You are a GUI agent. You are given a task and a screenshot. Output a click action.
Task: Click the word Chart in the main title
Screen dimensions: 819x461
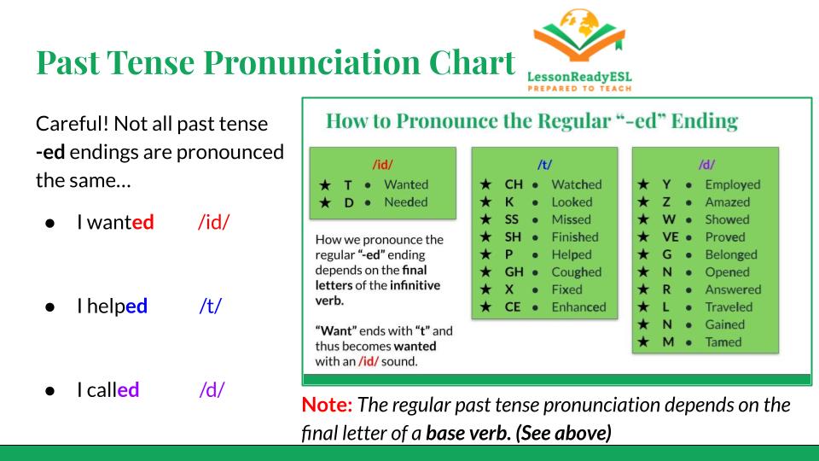(472, 62)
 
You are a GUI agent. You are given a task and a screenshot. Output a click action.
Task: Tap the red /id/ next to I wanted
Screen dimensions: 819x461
(213, 222)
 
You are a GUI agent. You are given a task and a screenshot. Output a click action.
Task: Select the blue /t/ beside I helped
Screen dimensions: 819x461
(211, 306)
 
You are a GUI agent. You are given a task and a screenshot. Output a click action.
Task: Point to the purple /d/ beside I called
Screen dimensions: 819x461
(212, 389)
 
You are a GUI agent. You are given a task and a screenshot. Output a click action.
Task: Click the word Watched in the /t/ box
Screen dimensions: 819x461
(577, 184)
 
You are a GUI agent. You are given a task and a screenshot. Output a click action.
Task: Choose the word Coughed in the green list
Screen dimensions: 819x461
(577, 271)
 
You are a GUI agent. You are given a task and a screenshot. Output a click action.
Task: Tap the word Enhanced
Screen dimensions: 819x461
(578, 306)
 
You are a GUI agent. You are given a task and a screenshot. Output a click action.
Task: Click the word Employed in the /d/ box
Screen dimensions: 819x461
(733, 184)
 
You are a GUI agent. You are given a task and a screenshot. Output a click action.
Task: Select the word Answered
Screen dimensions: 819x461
(734, 289)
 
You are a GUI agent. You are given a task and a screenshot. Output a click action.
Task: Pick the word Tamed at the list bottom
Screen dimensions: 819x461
(723, 341)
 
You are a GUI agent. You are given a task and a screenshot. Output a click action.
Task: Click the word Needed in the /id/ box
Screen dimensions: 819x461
(406, 201)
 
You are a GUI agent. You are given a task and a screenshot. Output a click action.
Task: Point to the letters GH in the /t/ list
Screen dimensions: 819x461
(514, 271)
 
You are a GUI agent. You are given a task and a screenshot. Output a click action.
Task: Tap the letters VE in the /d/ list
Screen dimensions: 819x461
(671, 236)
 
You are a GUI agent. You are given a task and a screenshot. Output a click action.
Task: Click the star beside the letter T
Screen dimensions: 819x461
(325, 185)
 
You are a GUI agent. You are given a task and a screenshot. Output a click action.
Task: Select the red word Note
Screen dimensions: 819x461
(327, 405)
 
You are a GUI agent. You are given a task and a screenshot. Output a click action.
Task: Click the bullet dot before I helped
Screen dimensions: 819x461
(50, 306)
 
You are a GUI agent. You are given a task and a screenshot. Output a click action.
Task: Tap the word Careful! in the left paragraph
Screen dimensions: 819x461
(73, 124)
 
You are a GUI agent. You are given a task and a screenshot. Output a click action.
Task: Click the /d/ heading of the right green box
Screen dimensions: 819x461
(706, 165)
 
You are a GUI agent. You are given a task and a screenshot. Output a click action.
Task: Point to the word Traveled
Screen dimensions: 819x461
(729, 306)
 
